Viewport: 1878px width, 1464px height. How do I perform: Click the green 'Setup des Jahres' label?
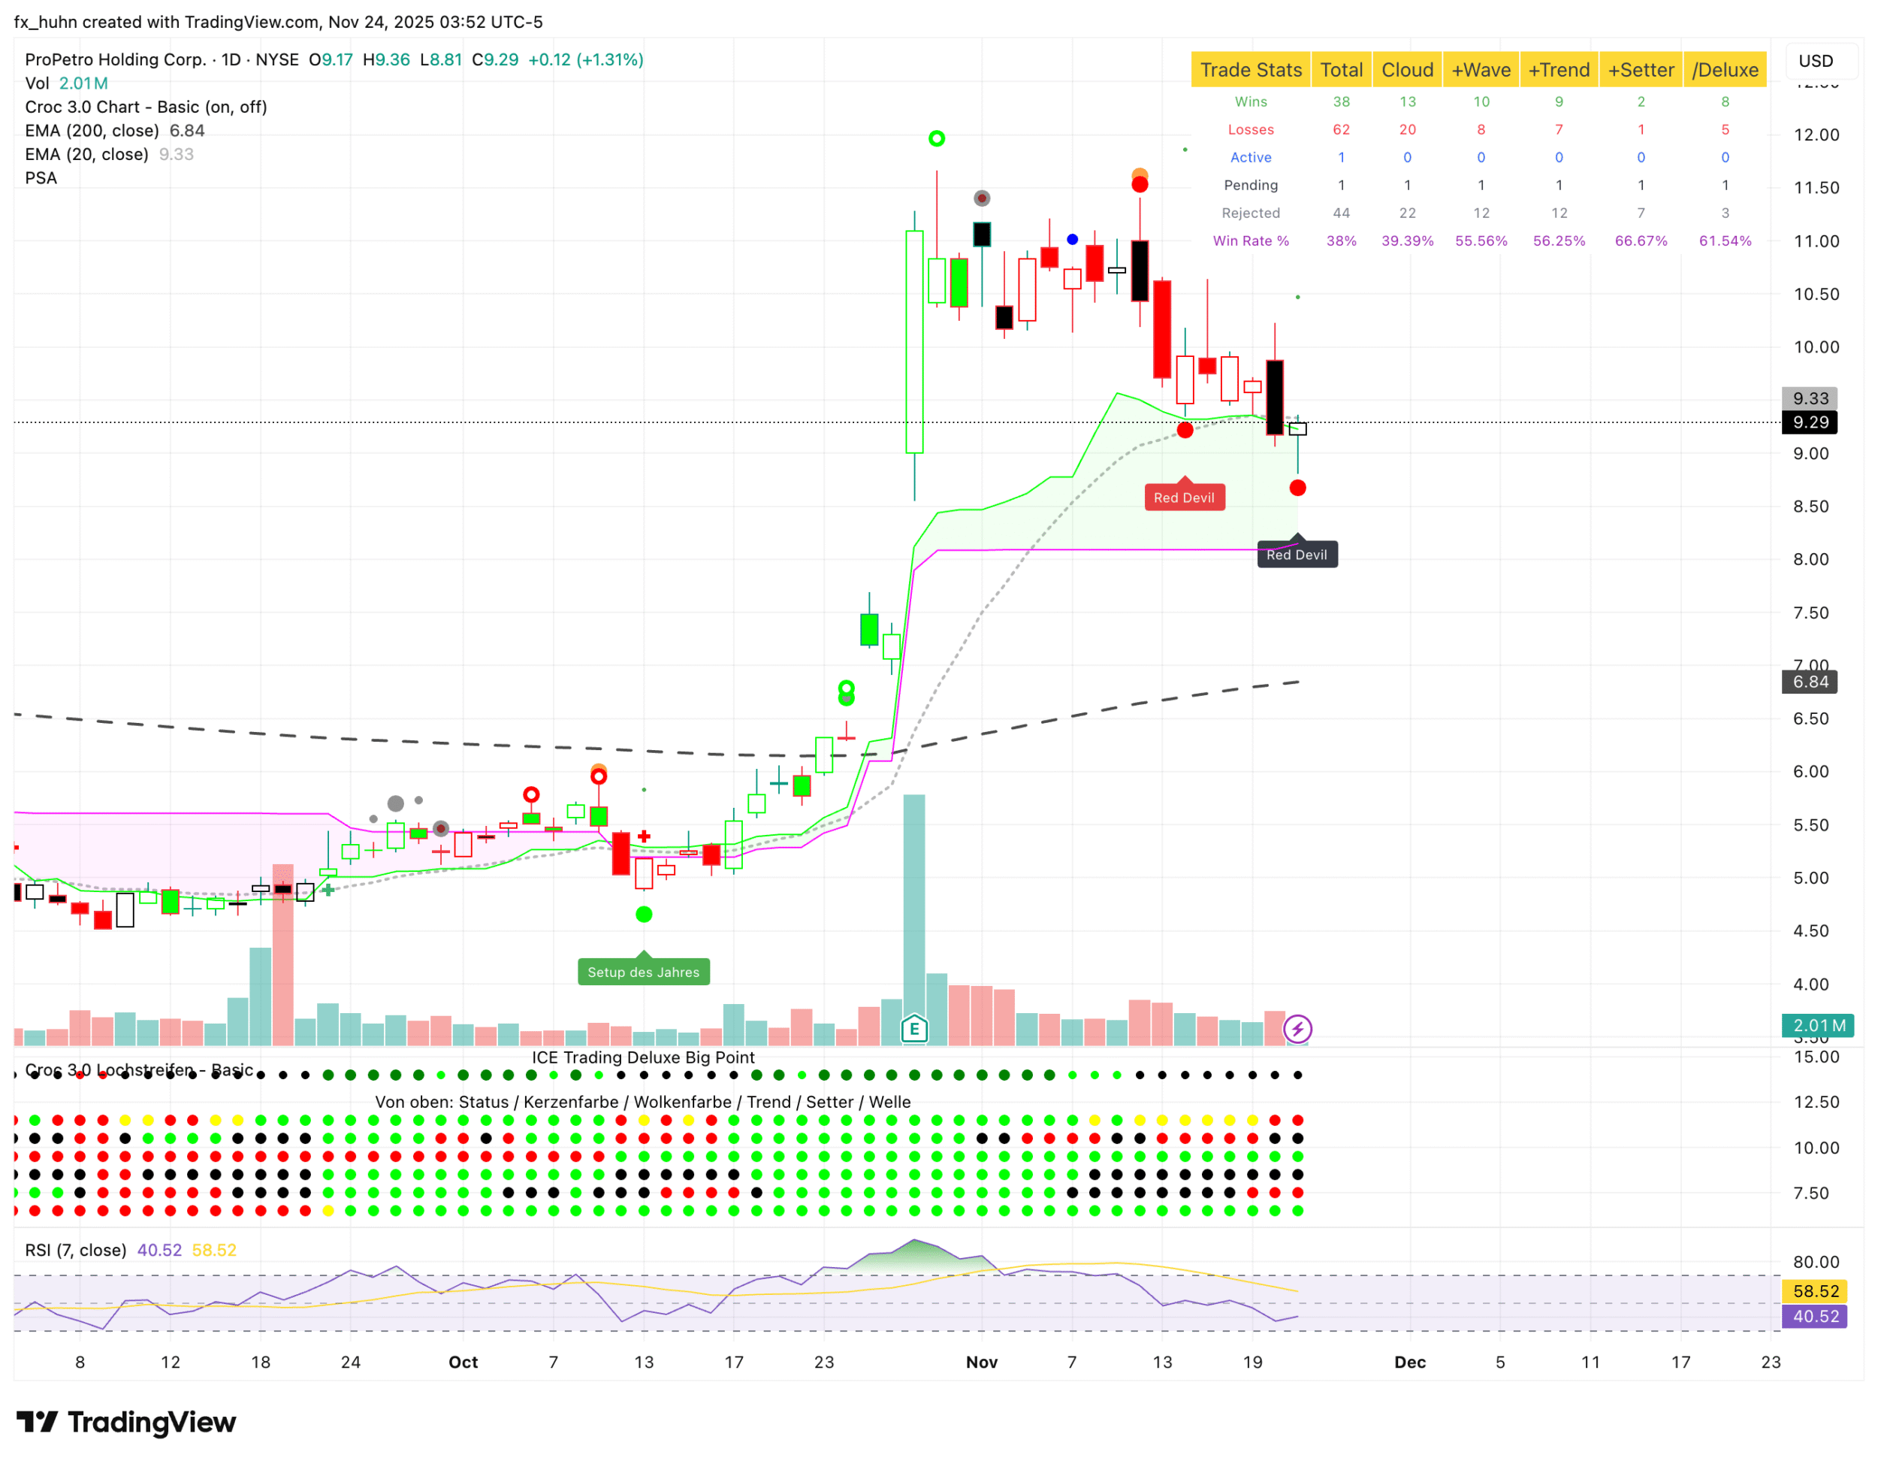click(x=643, y=972)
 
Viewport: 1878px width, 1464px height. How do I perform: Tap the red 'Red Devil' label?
click(x=1184, y=498)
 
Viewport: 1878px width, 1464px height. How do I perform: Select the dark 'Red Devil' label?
click(x=1297, y=555)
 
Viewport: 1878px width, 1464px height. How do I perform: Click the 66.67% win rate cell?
click(x=1640, y=240)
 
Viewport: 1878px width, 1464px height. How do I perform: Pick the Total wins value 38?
click(x=1341, y=101)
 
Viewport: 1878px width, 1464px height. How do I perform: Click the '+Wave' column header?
click(x=1480, y=70)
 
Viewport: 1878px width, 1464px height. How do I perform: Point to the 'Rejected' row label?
click(x=1250, y=213)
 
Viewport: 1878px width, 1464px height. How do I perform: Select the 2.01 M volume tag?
click(x=1818, y=1025)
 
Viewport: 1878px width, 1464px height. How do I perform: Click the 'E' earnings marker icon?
click(x=914, y=1028)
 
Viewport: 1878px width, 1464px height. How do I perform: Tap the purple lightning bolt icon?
click(x=1297, y=1029)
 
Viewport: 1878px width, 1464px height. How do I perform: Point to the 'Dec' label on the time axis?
click(x=1409, y=1363)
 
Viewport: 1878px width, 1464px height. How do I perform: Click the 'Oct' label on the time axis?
click(x=463, y=1363)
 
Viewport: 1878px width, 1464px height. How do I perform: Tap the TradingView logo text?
click(x=150, y=1423)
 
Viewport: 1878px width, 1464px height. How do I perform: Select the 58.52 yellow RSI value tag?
click(x=1814, y=1291)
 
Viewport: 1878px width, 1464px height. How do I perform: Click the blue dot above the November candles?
click(x=1072, y=239)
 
